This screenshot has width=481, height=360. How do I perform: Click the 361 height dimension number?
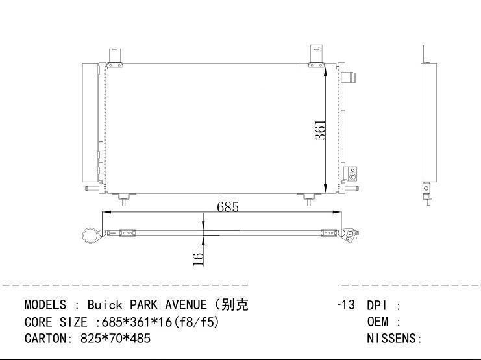[x=320, y=130]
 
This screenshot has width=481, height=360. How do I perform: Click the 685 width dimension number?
[x=228, y=208]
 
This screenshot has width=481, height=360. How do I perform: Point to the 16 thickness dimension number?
[x=198, y=259]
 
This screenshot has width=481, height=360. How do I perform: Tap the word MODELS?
[x=45, y=305]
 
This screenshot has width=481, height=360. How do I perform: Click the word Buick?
[x=105, y=305]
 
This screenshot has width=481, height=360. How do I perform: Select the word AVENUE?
[x=186, y=305]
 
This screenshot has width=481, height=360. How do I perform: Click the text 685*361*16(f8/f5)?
[x=160, y=322]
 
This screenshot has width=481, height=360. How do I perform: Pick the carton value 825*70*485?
[x=116, y=339]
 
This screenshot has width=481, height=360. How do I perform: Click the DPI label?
[x=376, y=306]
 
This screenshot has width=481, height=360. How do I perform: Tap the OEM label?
[x=378, y=322]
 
